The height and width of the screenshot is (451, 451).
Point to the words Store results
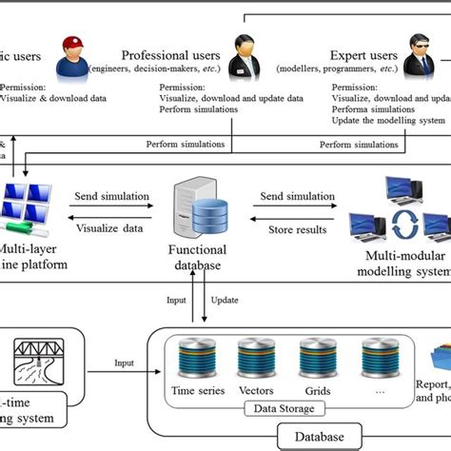[x=298, y=228]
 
